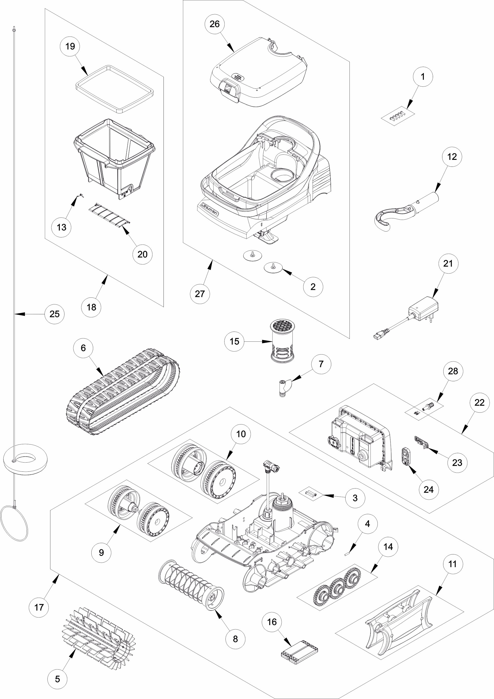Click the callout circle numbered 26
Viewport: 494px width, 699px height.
(215, 24)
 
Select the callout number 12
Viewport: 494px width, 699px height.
(452, 157)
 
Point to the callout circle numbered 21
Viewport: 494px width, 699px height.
(448, 264)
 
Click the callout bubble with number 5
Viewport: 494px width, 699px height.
(57, 679)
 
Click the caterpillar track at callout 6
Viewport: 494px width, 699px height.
(122, 393)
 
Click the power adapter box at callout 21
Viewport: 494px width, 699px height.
(423, 310)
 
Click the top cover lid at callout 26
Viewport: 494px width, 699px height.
(259, 73)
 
